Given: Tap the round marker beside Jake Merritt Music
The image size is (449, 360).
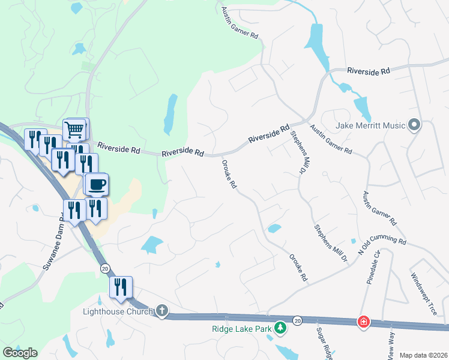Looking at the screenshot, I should tap(414, 125).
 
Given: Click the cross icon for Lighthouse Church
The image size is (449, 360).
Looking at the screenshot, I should tap(161, 311).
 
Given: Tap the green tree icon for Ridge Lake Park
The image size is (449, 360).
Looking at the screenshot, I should tap(279, 328).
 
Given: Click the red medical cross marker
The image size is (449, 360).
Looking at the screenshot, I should tap(363, 322).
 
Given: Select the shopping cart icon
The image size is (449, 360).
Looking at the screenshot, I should tap(74, 128).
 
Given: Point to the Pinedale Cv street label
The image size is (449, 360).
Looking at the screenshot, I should tap(371, 265).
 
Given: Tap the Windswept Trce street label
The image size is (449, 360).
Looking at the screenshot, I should tap(424, 295).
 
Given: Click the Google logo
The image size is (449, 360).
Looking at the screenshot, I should tap(20, 352).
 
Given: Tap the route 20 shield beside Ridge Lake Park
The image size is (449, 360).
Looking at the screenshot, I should tap(298, 322).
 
